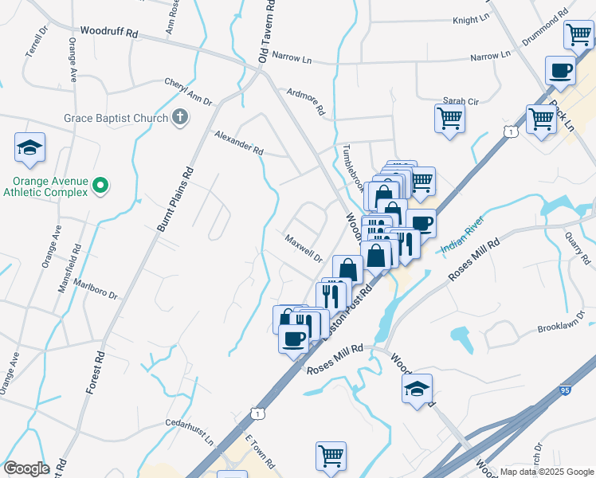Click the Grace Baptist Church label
pyautogui.click(x=116, y=119)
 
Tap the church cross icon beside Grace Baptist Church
pyautogui.click(x=181, y=118)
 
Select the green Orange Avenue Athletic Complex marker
pyautogui.click(x=100, y=186)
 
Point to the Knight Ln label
pyautogui.click(x=470, y=20)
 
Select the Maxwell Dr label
pyautogui.click(x=304, y=247)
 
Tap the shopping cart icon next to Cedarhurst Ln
pyautogui.click(x=331, y=456)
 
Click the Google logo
pyautogui.click(x=26, y=468)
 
